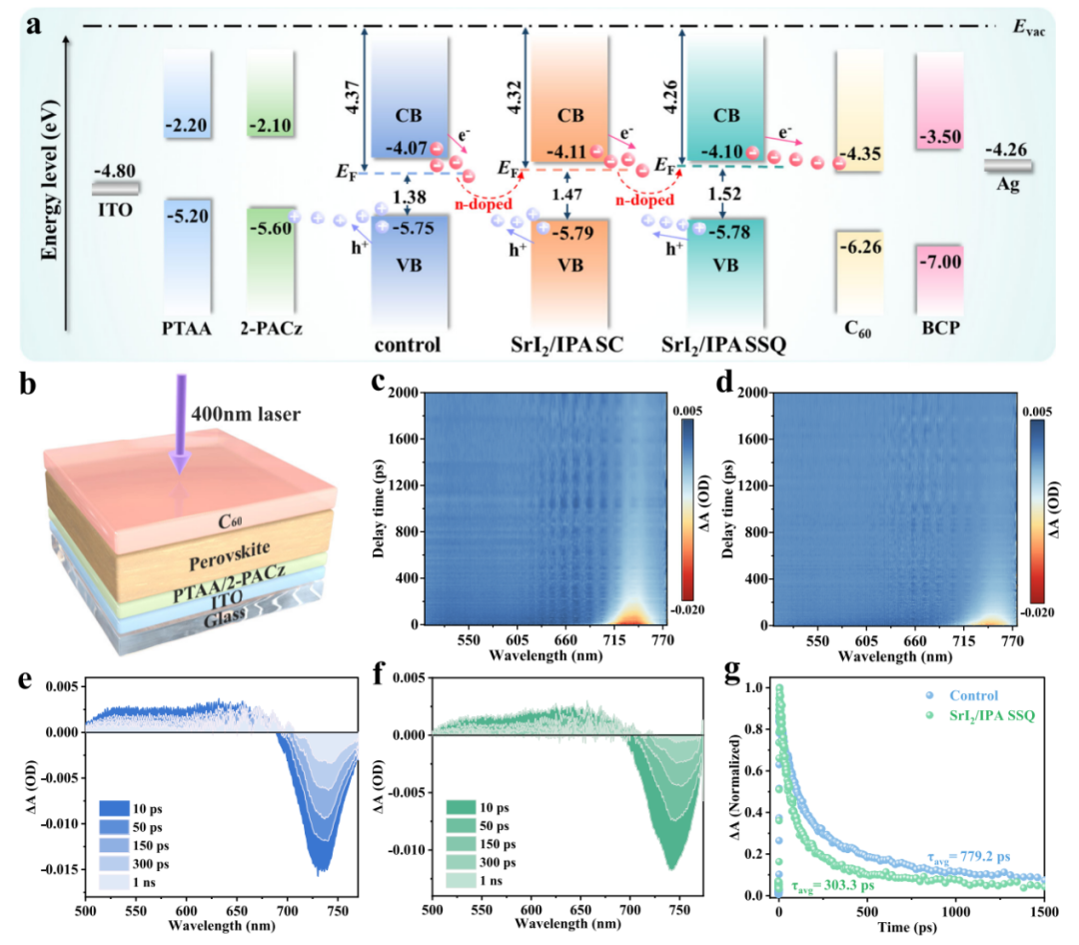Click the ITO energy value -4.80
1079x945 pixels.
click(114, 171)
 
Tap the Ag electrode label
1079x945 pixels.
click(1007, 185)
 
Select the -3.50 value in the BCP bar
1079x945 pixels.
click(941, 136)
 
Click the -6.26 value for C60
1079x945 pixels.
click(860, 247)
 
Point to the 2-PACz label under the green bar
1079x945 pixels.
click(271, 329)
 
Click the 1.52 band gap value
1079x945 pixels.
click(724, 194)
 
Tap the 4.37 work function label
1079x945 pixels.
click(353, 97)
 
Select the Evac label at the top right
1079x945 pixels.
click(1029, 28)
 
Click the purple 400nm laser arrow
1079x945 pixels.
click(180, 424)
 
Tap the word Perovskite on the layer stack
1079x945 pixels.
click(230, 556)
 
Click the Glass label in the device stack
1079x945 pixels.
click(225, 616)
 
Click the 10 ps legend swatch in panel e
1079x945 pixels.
click(114, 808)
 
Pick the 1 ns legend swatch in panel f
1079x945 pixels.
click(461, 880)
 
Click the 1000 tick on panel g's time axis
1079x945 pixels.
click(955, 912)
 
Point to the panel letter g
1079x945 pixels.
click(735, 672)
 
